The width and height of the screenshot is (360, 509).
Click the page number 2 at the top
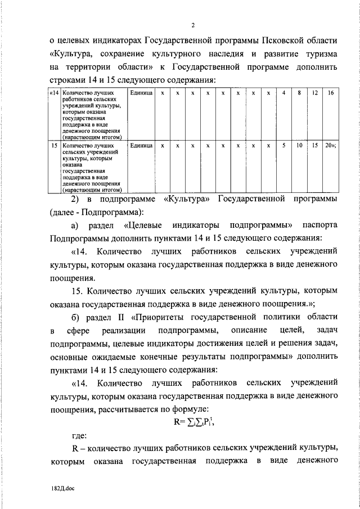point(192,25)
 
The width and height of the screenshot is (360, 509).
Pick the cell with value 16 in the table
point(330,92)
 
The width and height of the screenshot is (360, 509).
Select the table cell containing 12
point(314,92)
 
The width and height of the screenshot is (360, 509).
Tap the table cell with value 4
point(284,92)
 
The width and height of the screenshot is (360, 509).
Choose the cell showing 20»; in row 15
point(330,145)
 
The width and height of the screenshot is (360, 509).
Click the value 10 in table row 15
point(299,145)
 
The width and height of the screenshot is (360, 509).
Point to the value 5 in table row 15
point(284,145)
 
